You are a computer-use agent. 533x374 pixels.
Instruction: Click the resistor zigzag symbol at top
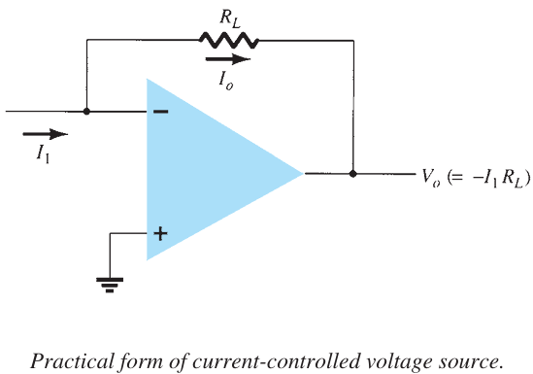pyautogui.click(x=228, y=40)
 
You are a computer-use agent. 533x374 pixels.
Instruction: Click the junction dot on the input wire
pyautogui.click(x=87, y=112)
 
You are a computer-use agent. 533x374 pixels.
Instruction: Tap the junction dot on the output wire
pyautogui.click(x=352, y=174)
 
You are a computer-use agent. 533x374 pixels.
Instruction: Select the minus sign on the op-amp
pyautogui.click(x=160, y=112)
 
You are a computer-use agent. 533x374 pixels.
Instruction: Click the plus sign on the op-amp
pyautogui.click(x=160, y=234)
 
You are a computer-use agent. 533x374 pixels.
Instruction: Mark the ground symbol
pyautogui.click(x=109, y=283)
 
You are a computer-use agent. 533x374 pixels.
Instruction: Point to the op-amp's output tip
pyautogui.click(x=303, y=174)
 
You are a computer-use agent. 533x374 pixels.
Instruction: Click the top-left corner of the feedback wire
pyautogui.click(x=87, y=41)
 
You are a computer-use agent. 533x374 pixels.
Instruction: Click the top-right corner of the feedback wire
pyautogui.click(x=352, y=41)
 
